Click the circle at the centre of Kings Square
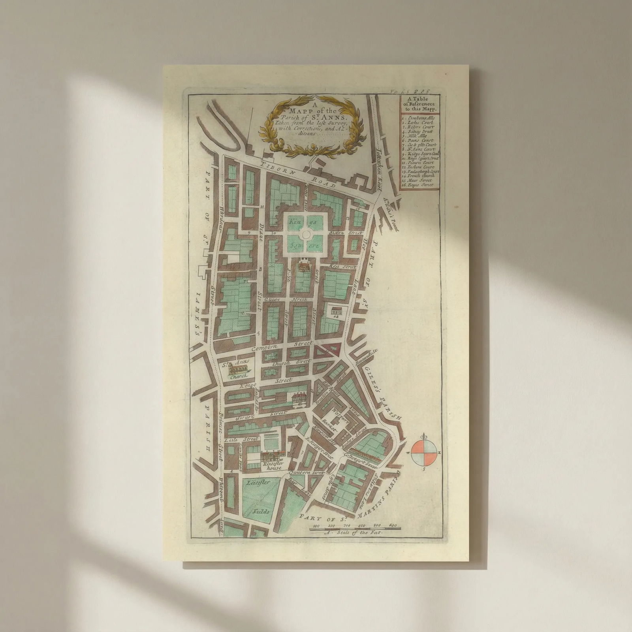305,235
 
